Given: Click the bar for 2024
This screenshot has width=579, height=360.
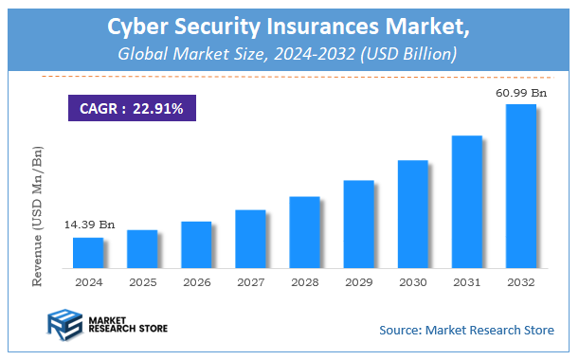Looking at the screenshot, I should [x=88, y=252].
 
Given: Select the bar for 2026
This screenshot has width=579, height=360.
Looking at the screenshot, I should [x=196, y=244].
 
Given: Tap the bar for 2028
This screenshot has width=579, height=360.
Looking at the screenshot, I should [x=304, y=232].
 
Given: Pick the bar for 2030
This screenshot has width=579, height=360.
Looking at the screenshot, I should [x=412, y=214].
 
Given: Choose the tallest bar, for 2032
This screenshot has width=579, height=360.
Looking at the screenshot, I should [x=520, y=186].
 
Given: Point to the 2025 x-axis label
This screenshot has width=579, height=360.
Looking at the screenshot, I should [x=142, y=282].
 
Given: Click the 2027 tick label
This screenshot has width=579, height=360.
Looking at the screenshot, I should [x=250, y=282].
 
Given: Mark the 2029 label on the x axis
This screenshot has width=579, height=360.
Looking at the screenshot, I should [x=358, y=282].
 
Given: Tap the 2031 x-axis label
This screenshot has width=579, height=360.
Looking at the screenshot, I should [x=466, y=282].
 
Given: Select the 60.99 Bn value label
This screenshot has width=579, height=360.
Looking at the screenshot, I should [x=520, y=93].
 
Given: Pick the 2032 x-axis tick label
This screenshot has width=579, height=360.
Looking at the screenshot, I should [x=520, y=282].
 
